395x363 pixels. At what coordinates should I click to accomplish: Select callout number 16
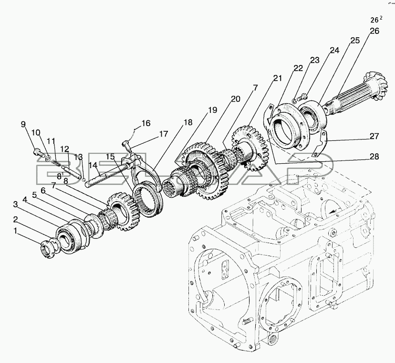coord(146,123)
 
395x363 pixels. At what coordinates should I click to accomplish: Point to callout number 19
coord(211,109)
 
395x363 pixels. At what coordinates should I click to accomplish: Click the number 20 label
coord(235,99)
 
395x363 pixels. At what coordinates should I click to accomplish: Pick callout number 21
coord(278,77)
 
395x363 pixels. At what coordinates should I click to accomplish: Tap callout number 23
coord(314,60)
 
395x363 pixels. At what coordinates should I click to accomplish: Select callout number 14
coord(95,165)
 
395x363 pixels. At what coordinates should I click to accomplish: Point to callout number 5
coord(34,194)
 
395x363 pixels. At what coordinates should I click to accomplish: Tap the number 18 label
coord(188,122)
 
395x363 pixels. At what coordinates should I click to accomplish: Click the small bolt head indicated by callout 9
coord(39,154)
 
